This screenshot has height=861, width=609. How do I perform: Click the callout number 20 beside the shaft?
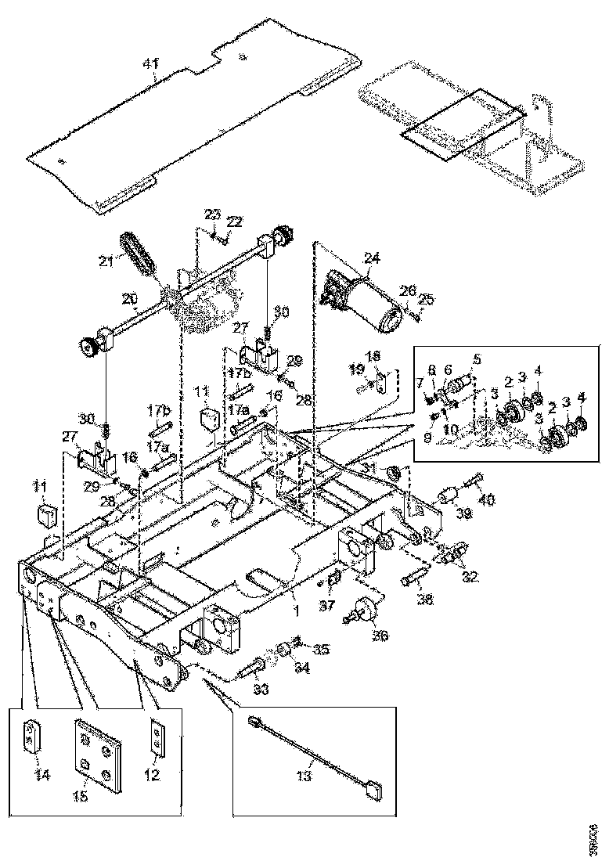129,298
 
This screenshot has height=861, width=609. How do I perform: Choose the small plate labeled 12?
157,738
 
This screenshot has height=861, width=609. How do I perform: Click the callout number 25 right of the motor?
427,298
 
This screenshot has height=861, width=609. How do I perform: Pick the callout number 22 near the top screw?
234,222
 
